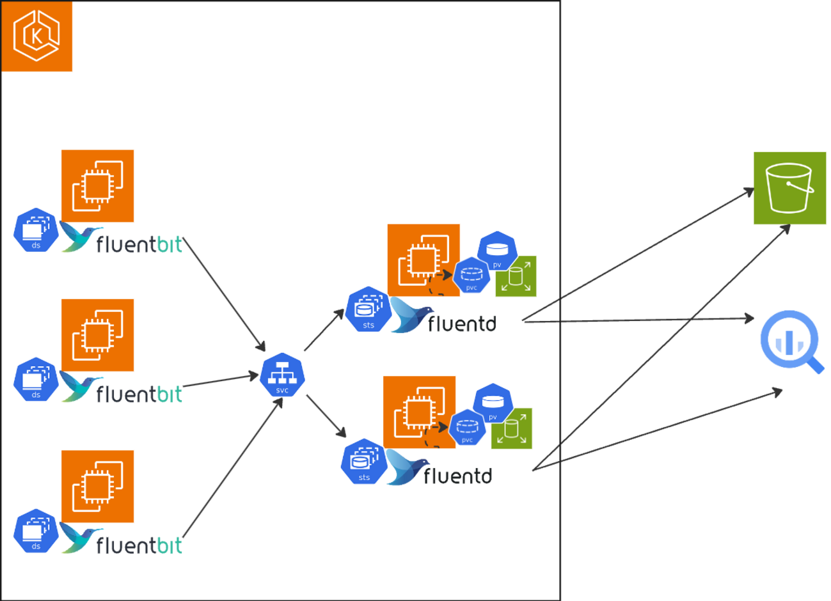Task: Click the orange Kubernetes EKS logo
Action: click(38, 37)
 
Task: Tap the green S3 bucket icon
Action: click(790, 188)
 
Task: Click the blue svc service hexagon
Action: click(282, 375)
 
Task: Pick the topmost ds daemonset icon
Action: click(36, 230)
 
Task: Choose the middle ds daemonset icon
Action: click(36, 379)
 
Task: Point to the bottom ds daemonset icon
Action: click(36, 531)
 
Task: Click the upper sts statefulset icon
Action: click(368, 309)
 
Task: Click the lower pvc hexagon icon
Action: click(468, 427)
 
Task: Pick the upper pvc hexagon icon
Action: click(471, 275)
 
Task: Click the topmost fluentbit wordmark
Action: click(139, 244)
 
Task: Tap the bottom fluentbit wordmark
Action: click(139, 545)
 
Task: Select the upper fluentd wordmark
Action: click(462, 324)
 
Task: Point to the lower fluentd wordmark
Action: click(458, 476)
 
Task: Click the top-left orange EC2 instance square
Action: click(98, 186)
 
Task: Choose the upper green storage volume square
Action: click(516, 276)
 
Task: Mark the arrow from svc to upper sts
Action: click(324, 330)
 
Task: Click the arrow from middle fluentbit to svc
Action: click(219, 382)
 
